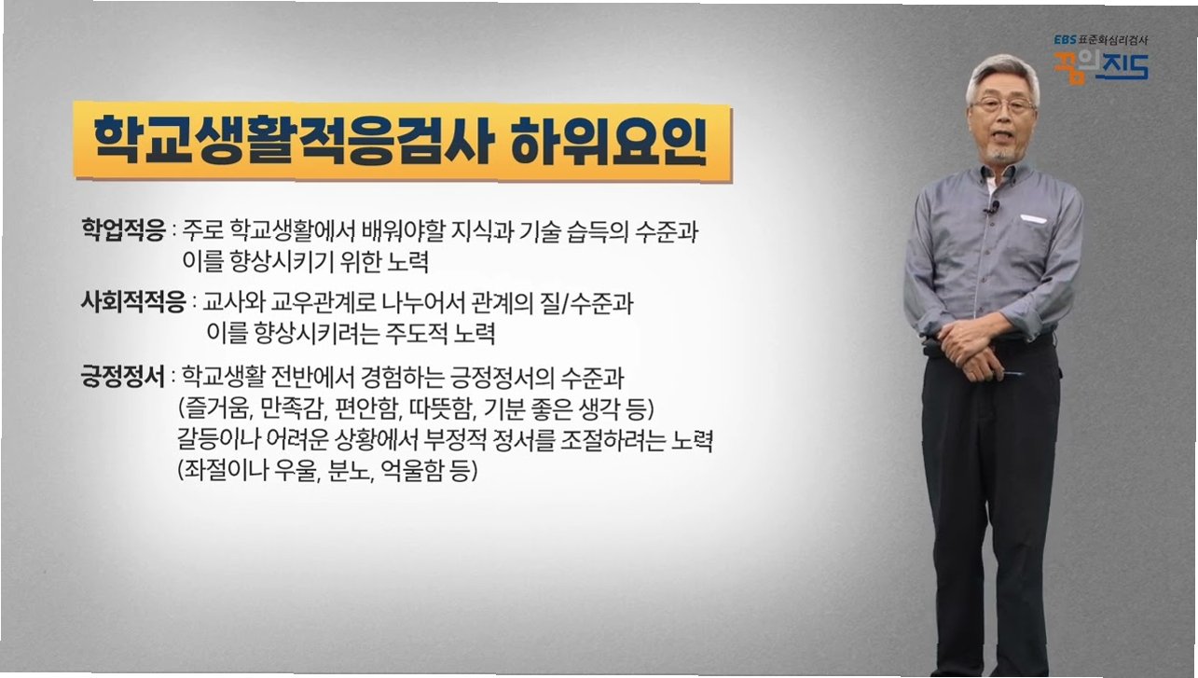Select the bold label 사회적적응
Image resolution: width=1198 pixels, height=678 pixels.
133,302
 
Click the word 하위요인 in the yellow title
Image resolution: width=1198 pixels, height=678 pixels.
607,141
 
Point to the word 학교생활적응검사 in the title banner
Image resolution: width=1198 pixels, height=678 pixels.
292,140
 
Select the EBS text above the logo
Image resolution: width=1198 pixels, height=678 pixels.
1065,39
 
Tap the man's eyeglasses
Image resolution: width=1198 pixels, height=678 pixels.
1004,104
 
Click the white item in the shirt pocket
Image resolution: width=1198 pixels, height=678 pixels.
1033,218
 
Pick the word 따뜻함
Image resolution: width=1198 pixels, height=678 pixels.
442,409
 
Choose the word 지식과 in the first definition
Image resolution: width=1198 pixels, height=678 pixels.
482,230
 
